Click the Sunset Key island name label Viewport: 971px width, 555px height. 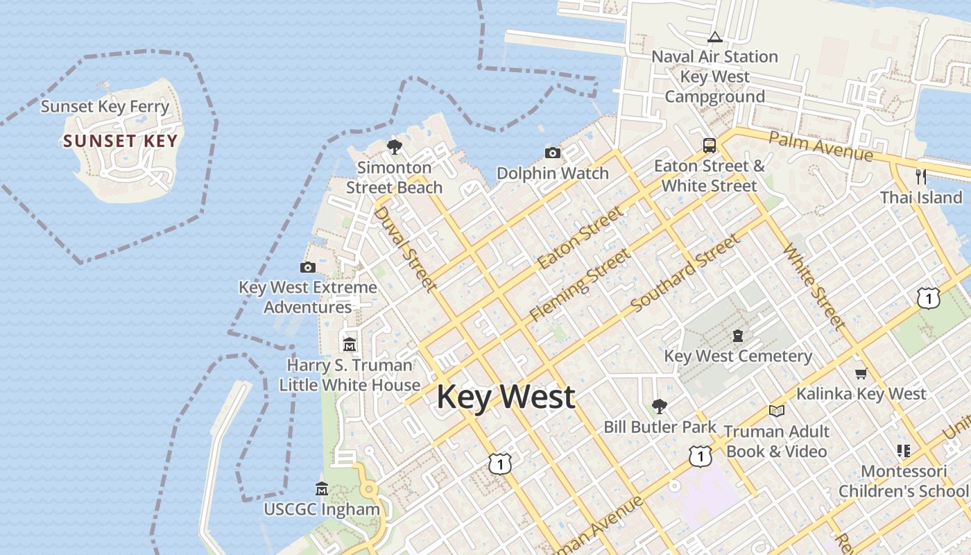point(121,142)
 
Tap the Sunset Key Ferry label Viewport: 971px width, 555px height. point(105,107)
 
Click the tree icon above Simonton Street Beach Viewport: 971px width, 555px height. point(395,147)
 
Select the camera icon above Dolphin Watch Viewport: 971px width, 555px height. point(552,153)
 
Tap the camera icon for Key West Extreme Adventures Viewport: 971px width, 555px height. point(307,267)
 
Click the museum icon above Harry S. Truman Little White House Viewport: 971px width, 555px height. point(350,344)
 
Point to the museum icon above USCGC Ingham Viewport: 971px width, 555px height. point(321,488)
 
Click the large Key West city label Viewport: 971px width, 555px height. point(506,397)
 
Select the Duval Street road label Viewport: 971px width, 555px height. point(405,248)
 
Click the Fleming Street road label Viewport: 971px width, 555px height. point(580,284)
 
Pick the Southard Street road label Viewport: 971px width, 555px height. point(685,273)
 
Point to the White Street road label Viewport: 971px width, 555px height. point(814,286)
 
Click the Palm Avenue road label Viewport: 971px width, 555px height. point(820,146)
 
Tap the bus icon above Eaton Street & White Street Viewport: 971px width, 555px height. point(709,146)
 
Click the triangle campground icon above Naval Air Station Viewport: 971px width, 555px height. point(714,37)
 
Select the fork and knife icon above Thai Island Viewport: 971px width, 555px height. point(920,176)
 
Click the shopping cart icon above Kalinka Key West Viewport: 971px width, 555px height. point(861,374)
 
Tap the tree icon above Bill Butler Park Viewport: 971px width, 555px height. point(659,407)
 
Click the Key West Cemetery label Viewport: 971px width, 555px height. point(738,357)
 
